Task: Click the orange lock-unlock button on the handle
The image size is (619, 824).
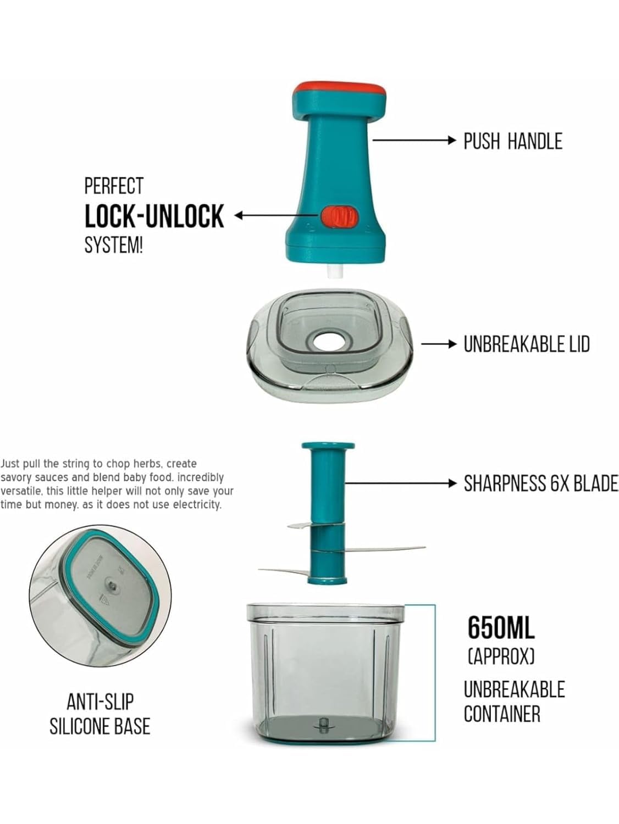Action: (338, 216)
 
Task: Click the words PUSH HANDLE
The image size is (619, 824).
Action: (512, 141)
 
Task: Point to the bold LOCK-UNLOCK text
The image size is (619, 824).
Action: (154, 216)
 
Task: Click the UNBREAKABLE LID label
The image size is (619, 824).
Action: (526, 344)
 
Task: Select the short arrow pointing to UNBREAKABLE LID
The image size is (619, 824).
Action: (439, 344)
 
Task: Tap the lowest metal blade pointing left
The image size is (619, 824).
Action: (283, 572)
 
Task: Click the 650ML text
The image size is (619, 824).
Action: (501, 627)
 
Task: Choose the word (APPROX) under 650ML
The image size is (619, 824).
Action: (501, 656)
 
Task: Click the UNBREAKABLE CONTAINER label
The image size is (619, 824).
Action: (514, 701)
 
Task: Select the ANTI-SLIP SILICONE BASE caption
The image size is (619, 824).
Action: (100, 714)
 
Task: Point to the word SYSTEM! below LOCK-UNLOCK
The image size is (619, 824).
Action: (113, 245)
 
